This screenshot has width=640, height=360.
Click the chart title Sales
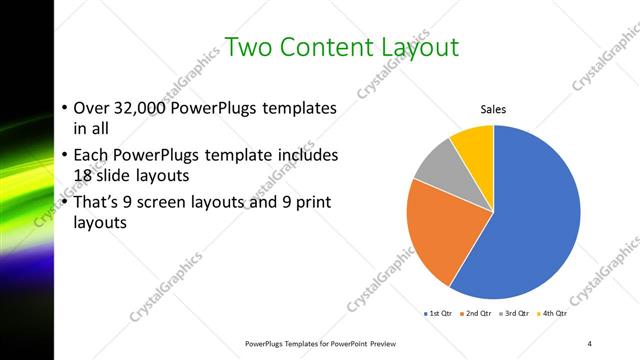(493, 109)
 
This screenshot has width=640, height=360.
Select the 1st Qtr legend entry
(439, 314)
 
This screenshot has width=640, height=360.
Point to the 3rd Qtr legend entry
(514, 314)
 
